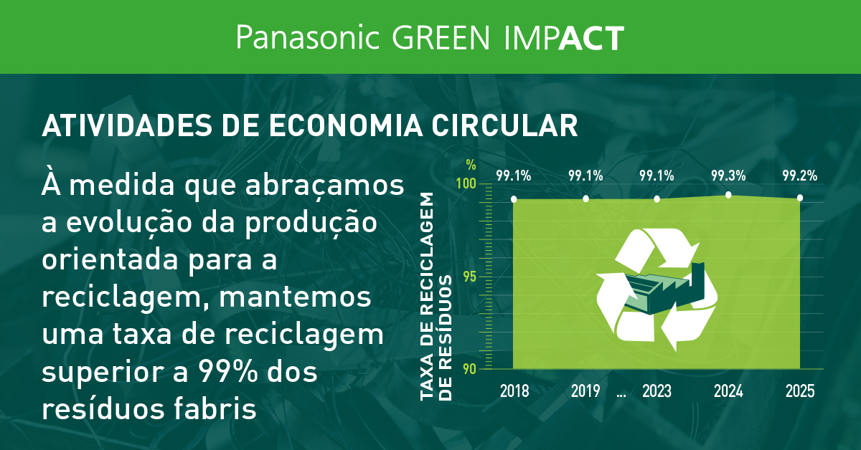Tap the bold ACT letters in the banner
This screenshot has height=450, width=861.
pyautogui.click(x=591, y=37)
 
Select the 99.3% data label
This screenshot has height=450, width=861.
pyautogui.click(x=728, y=176)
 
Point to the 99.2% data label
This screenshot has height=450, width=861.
pyautogui.click(x=799, y=176)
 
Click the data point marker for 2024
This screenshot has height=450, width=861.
pyautogui.click(x=728, y=195)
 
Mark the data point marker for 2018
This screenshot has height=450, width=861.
pyautogui.click(x=514, y=198)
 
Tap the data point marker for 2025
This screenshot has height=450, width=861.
pyautogui.click(x=799, y=197)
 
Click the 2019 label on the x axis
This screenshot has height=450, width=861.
pyautogui.click(x=585, y=391)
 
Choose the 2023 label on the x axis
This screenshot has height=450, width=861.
pyautogui.click(x=657, y=391)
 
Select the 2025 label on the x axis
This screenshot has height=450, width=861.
pyautogui.click(x=799, y=391)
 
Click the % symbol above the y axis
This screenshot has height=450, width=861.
pyautogui.click(x=471, y=163)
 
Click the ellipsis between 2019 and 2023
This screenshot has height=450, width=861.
pyautogui.click(x=621, y=394)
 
